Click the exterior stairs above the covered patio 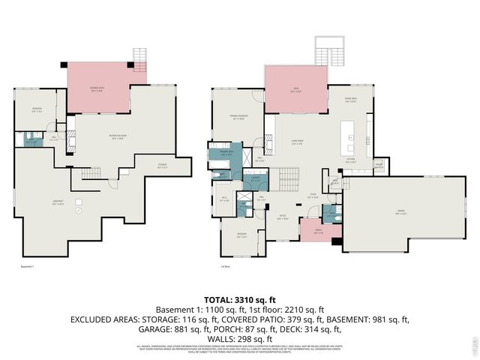(140, 56)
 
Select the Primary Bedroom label (239, 116)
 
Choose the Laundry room (256, 179)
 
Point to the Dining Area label (349, 101)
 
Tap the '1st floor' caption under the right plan (224, 265)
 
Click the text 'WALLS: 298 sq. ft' (239, 338)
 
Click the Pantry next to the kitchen (379, 166)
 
